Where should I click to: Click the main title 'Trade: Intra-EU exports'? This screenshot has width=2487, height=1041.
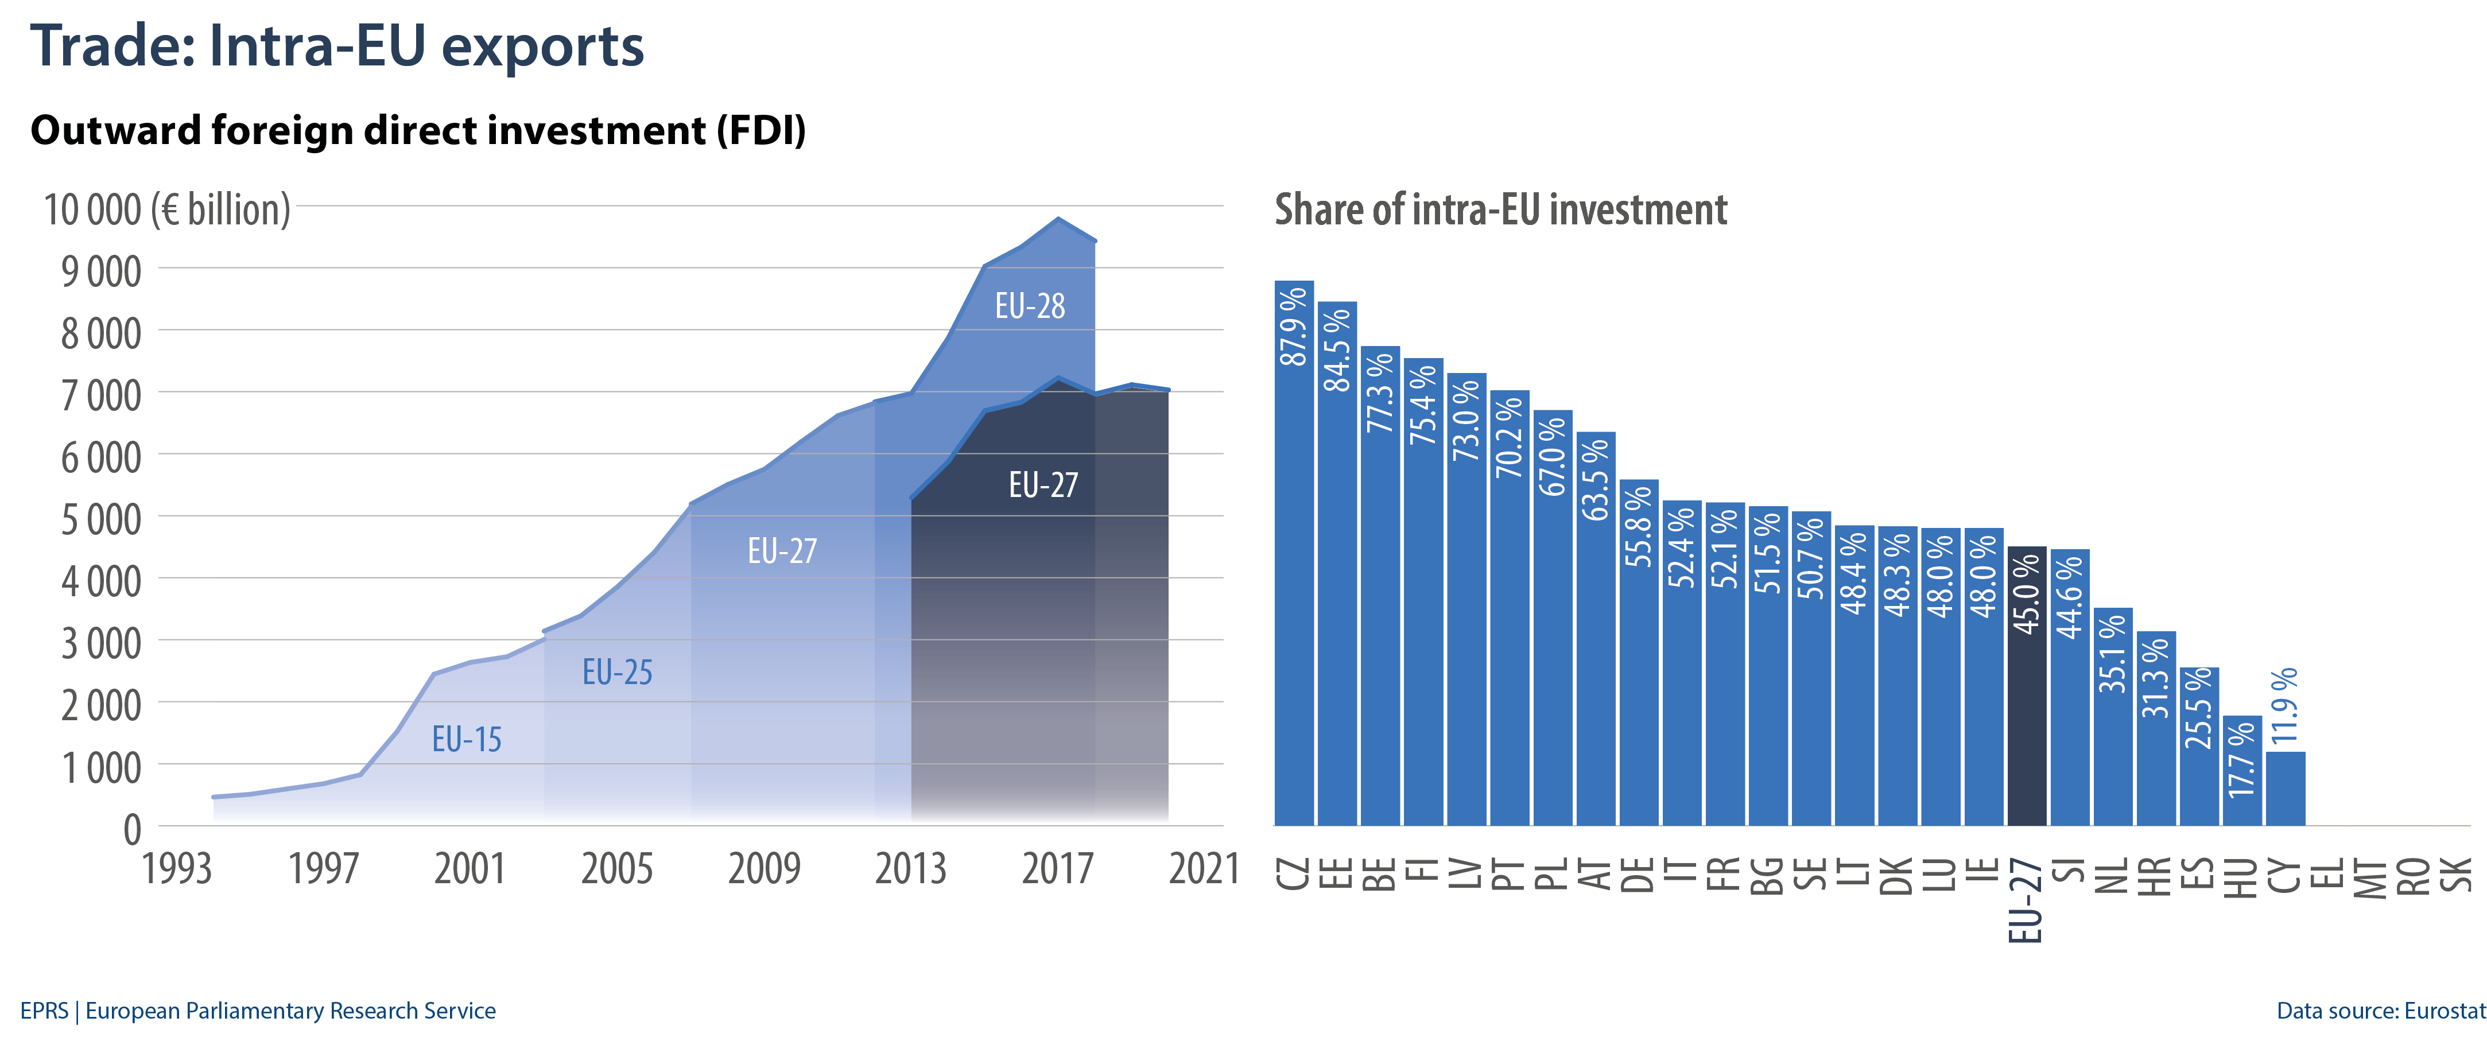tap(337, 46)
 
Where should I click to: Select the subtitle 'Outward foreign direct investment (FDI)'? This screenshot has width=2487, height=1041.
tap(418, 130)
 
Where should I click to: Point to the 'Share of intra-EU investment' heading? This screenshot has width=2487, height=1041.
tap(1500, 209)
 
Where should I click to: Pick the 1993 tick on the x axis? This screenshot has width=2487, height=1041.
tap(177, 868)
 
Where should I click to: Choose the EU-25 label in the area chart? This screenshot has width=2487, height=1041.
tap(617, 672)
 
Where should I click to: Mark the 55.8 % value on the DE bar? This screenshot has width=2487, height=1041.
tap(1638, 526)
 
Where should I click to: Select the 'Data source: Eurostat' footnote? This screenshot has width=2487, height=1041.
tap(2380, 1011)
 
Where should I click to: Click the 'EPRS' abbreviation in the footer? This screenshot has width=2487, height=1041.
tap(44, 1011)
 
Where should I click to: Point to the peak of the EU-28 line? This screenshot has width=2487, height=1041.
tap(1058, 219)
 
